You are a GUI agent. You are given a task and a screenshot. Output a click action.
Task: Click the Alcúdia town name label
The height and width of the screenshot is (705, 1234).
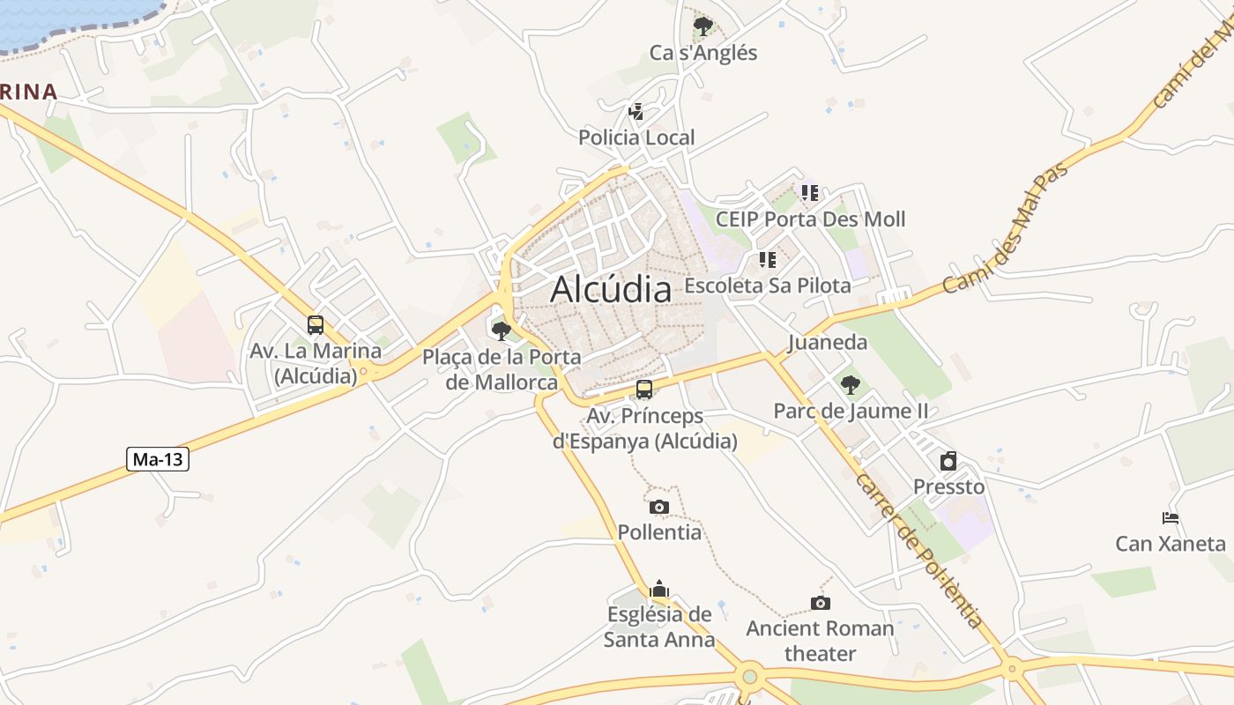pos(611,288)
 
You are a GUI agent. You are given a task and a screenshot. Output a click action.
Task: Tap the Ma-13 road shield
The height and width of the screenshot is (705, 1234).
pos(158,459)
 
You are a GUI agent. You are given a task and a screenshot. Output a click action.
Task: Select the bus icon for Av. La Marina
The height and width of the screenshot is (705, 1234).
pos(316,324)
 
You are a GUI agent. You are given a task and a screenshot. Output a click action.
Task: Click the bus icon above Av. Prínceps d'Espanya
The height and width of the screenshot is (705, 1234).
pos(644,390)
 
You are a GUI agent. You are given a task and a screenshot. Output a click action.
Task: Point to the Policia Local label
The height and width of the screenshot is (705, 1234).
pos(636,137)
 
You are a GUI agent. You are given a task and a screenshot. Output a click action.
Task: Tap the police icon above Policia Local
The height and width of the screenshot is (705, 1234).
pos(636,112)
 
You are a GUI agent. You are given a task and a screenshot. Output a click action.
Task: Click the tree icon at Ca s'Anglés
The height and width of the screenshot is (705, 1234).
pos(702,26)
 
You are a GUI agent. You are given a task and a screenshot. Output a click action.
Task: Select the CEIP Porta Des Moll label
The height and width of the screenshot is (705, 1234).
pos(810,219)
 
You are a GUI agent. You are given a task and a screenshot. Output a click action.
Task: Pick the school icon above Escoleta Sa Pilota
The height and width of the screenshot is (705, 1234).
pos(767,260)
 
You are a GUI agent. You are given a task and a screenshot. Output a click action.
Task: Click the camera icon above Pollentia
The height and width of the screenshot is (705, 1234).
pos(658,507)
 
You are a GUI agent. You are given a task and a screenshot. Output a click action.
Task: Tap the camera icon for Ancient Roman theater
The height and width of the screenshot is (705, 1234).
pos(820,603)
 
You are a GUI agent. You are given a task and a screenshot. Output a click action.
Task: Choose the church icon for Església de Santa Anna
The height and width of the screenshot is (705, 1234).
pos(658,589)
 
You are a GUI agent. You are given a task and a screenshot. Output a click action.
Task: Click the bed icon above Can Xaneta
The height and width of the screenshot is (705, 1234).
pos(1171,518)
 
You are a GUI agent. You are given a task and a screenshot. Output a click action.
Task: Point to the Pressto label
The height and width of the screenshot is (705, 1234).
pos(948,486)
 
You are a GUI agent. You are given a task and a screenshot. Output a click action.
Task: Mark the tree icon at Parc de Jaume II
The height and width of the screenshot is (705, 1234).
pos(850,385)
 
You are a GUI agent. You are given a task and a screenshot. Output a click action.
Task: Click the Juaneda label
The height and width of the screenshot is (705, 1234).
pos(828,342)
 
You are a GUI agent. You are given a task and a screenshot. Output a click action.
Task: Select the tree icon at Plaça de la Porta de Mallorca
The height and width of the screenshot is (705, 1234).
pos(502,331)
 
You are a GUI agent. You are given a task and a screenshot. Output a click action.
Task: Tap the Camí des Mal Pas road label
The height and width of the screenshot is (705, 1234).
pos(1005,228)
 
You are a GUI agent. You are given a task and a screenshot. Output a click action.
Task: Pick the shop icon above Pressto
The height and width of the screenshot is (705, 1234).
pos(948,461)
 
